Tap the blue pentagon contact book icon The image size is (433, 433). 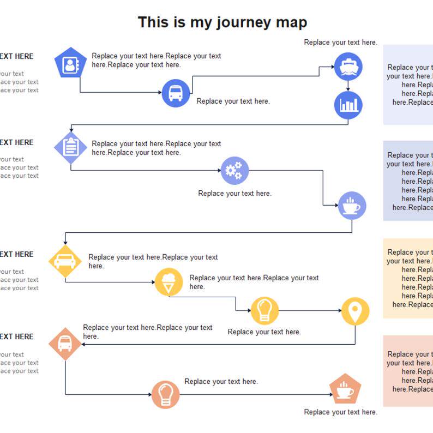(70, 64)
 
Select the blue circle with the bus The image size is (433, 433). (176, 93)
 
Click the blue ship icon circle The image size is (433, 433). (348, 67)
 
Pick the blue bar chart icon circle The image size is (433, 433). (348, 105)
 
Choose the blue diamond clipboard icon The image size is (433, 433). (71, 147)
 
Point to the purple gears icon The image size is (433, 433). (234, 171)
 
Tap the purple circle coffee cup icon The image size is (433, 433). (352, 206)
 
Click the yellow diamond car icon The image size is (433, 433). (65, 261)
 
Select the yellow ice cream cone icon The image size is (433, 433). (169, 282)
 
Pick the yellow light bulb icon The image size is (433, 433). (264, 310)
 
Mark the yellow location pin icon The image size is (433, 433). (355, 311)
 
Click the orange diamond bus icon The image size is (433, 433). (65, 344)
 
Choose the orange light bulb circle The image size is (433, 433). (165, 394)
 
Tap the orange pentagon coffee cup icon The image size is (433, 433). (345, 389)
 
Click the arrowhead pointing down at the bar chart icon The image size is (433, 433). (348, 88)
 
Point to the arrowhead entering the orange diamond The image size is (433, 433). (84, 344)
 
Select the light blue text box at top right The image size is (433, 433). (408, 85)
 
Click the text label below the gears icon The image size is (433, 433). (234, 193)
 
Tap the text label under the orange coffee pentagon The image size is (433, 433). (340, 412)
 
